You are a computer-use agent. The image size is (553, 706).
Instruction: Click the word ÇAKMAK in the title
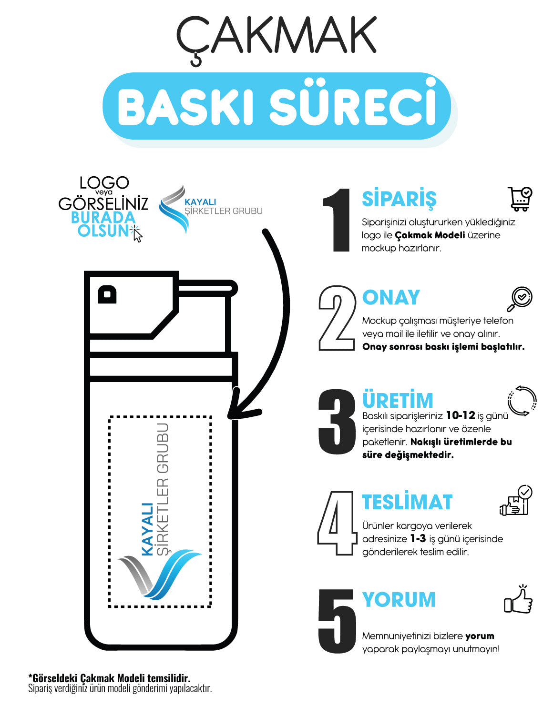276,36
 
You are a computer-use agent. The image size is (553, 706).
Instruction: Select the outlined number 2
337,318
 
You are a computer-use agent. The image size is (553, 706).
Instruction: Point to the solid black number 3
337,422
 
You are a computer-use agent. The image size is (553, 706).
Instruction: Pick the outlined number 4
337,523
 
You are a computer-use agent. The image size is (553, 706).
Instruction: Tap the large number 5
337,621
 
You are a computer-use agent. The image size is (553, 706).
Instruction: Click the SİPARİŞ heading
399,199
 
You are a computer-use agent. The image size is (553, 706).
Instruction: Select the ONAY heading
391,297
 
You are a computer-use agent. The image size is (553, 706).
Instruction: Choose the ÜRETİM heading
398,400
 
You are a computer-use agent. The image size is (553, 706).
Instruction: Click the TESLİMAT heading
407,502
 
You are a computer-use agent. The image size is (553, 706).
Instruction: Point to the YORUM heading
399,600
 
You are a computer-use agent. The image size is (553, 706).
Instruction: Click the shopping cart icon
520,199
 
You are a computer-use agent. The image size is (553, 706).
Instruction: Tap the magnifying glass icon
520,299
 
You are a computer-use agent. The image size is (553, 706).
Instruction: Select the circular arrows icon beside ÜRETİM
522,401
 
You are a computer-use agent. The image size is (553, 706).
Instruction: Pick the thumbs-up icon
519,600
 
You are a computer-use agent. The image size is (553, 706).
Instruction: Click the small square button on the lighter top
107,294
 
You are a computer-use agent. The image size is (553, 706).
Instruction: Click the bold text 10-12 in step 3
460,415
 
